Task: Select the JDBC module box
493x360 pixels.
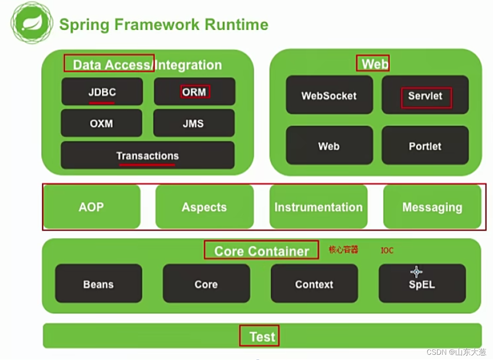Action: point(102,92)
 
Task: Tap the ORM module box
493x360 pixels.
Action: point(194,92)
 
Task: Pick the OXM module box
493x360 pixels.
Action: point(101,123)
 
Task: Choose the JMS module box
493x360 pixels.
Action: point(193,123)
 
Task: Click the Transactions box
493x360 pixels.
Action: point(148,156)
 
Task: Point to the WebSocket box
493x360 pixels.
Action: point(329,95)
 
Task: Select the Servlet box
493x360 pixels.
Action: point(425,95)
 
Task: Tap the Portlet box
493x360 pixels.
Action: point(425,145)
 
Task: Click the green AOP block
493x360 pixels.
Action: point(91,207)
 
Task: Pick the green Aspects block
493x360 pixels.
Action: point(204,207)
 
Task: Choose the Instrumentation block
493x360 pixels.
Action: point(318,207)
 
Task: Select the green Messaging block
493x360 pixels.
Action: point(432,207)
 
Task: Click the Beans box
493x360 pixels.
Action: point(99,284)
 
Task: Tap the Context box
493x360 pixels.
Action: point(314,284)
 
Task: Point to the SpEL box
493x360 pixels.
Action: point(422,284)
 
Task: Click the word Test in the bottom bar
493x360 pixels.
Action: point(262,336)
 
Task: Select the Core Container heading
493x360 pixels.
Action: point(262,251)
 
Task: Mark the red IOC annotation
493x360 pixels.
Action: point(387,250)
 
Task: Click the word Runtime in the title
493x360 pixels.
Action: point(236,24)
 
